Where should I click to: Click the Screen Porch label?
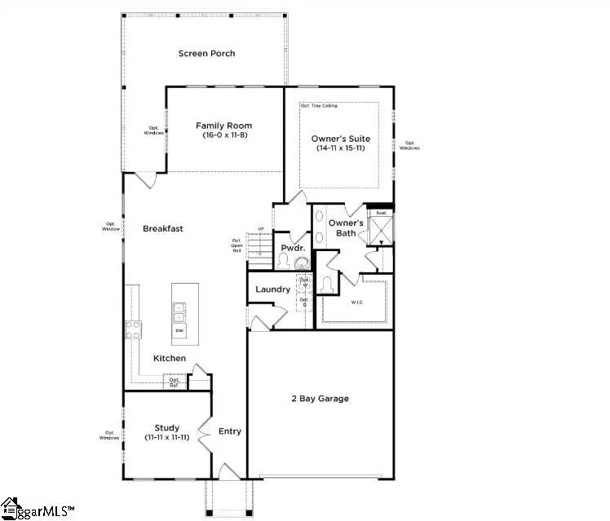[207, 54]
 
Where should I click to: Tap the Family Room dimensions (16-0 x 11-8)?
[223, 135]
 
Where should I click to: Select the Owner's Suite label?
[338, 139]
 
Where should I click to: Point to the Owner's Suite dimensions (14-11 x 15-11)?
[338, 149]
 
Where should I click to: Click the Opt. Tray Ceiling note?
[319, 106]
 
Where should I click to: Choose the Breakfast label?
[163, 229]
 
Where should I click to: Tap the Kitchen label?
[170, 359]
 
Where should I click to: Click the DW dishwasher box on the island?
[179, 330]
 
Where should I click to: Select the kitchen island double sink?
[179, 311]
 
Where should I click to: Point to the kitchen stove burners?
[133, 329]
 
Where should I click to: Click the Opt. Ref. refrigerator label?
[175, 382]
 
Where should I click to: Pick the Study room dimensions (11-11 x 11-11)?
[166, 438]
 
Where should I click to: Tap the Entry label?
[230, 431]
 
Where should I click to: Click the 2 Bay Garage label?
[320, 399]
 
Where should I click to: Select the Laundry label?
[272, 289]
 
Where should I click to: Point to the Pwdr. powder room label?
[293, 247]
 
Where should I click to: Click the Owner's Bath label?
[345, 228]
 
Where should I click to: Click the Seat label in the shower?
[381, 213]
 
